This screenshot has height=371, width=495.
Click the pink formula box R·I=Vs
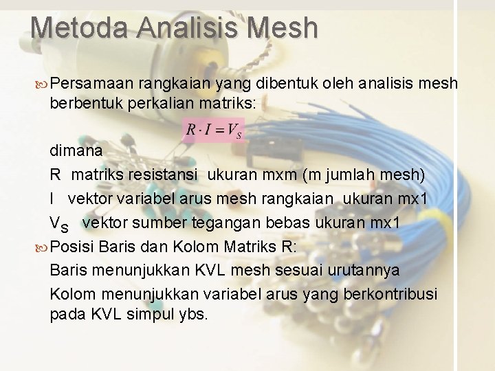(213, 131)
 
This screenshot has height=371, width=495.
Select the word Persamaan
(91, 84)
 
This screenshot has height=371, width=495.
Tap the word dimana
(76, 150)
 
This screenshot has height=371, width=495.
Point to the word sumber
(157, 223)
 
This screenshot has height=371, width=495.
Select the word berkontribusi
(393, 294)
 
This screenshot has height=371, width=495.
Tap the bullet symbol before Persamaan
(43, 85)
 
